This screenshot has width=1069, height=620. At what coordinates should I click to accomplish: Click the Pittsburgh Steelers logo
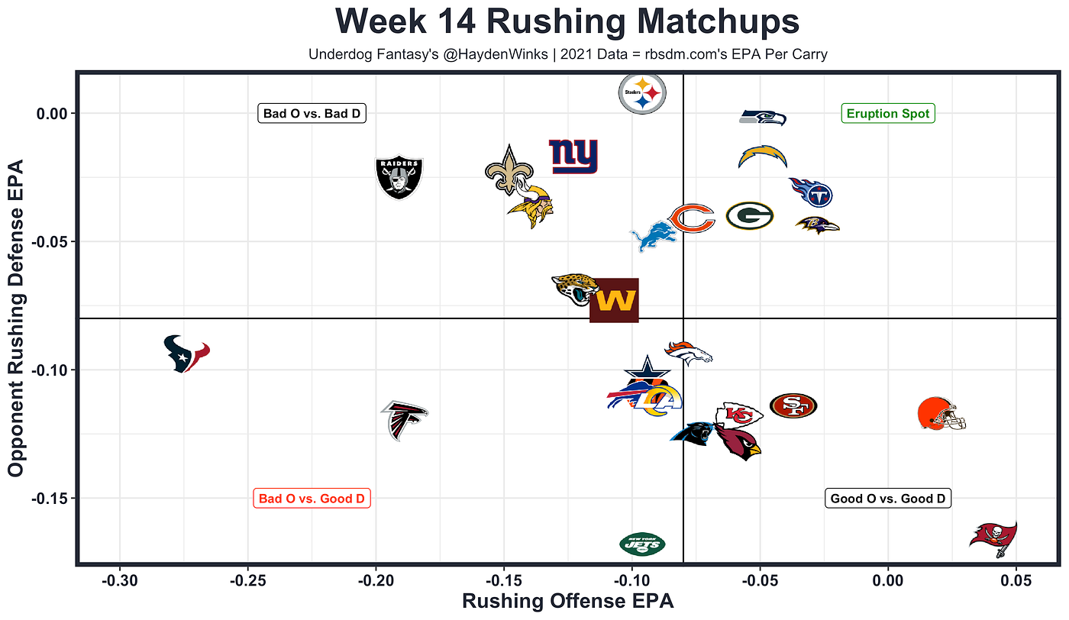[x=642, y=94]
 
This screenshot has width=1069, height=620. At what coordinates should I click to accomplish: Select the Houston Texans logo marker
[x=186, y=354]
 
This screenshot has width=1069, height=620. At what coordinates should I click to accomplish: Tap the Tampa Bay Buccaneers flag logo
[x=993, y=539]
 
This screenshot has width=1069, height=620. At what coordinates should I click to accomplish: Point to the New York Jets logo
[x=642, y=544]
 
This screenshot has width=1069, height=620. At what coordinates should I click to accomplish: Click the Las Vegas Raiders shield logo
[x=399, y=177]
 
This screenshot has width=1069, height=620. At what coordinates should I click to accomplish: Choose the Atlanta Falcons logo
[x=404, y=421]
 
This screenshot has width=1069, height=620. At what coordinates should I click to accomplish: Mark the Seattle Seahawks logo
[x=763, y=118]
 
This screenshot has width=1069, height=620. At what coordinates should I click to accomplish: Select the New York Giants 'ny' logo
[x=573, y=156]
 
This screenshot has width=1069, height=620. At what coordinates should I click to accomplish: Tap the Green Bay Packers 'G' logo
[x=750, y=216]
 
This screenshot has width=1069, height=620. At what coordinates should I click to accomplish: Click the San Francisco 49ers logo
[x=793, y=405]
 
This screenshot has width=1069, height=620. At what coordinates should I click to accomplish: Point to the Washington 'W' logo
[x=614, y=300]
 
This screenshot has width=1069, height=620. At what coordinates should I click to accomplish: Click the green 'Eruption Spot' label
[x=887, y=114]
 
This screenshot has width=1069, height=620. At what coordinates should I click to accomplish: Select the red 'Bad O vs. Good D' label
[x=312, y=499]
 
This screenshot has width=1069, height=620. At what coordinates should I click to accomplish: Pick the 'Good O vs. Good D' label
[x=887, y=499]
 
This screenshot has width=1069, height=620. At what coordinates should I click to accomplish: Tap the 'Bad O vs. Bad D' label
[x=312, y=114]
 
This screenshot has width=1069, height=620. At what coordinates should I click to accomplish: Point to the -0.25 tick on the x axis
[x=247, y=580]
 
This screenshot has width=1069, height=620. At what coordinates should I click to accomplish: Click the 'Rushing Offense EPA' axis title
[x=568, y=601]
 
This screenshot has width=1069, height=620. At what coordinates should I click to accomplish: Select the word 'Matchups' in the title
[x=719, y=22]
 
